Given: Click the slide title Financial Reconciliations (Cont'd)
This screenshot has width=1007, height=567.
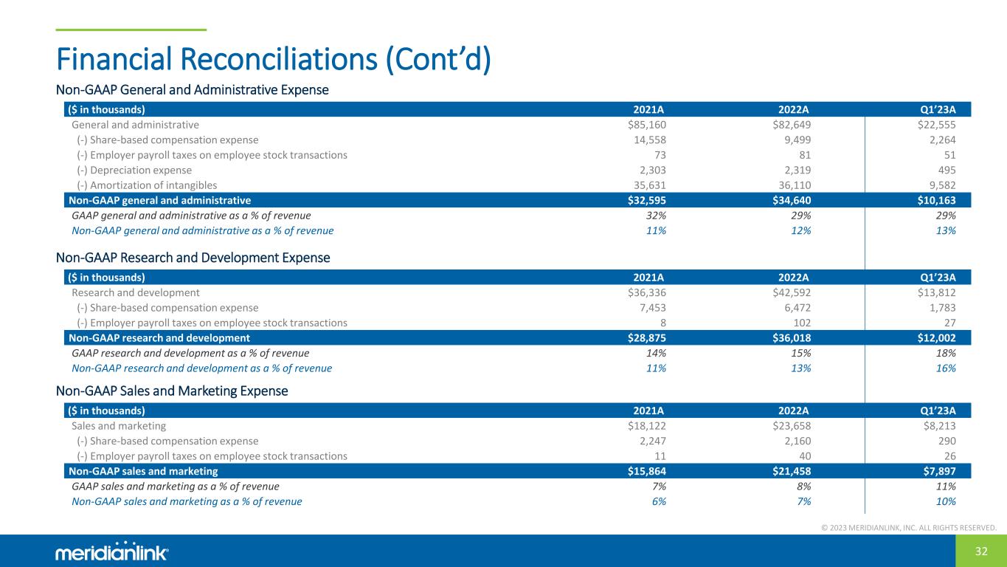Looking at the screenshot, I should click(273, 59).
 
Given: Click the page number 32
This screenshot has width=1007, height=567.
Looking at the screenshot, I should click(981, 551).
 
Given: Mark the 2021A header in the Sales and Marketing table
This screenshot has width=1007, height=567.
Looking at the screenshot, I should click(649, 410).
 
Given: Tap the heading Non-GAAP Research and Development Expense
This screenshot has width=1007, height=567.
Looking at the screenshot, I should click(193, 258).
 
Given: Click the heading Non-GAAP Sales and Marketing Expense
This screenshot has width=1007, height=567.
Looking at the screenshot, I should click(172, 391).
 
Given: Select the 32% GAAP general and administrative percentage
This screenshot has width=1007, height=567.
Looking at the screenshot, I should click(656, 216).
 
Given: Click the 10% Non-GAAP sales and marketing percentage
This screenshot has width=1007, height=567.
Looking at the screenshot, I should click(946, 501).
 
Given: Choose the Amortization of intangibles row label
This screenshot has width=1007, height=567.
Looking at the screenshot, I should click(147, 185).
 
